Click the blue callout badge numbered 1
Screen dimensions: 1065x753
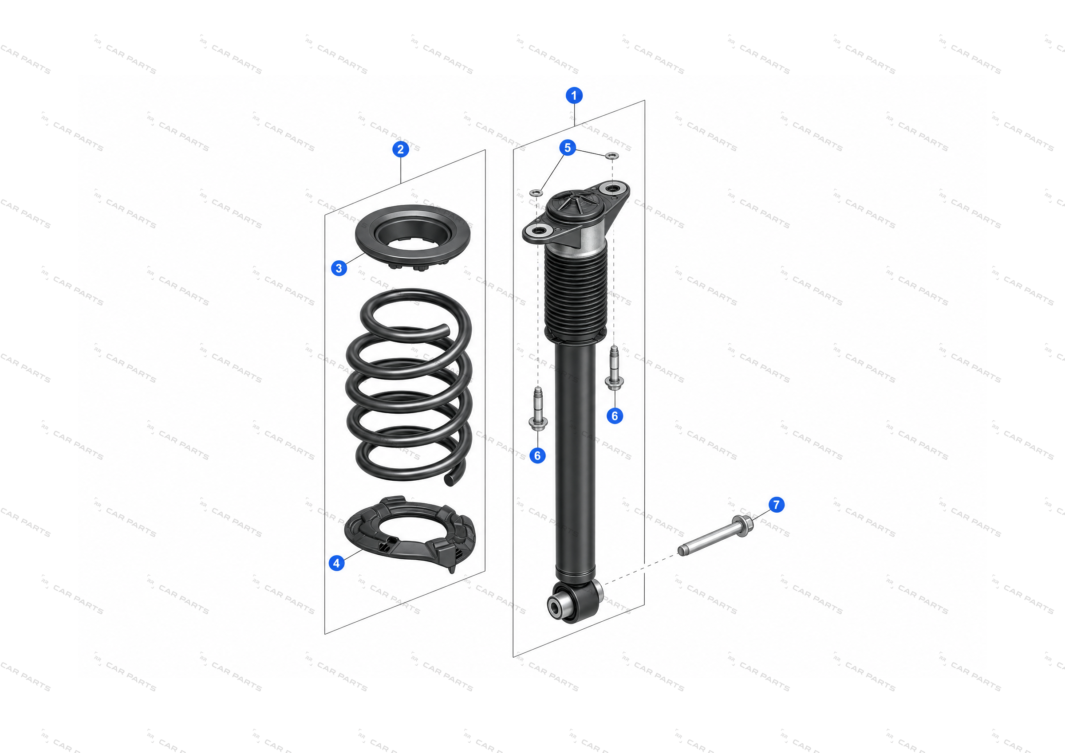point(574,95)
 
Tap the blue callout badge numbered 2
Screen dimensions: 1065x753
point(401,149)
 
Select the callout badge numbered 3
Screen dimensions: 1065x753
point(339,268)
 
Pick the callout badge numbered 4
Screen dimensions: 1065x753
point(337,563)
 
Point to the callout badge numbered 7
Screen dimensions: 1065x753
point(777,505)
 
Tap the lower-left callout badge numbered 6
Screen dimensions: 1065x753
point(537,456)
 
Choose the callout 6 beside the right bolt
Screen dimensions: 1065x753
point(615,416)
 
